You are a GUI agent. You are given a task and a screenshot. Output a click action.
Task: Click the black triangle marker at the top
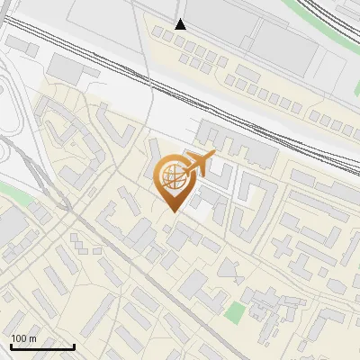(x=181, y=24)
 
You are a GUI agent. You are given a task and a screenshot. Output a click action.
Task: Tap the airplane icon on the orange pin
(x=199, y=164)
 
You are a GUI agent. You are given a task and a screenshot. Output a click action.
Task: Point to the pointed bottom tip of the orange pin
(x=173, y=211)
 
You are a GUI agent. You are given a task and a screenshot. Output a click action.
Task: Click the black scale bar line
(x=42, y=347)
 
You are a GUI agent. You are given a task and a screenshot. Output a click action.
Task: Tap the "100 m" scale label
(x=23, y=338)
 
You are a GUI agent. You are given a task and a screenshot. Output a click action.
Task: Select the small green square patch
(x=234, y=312)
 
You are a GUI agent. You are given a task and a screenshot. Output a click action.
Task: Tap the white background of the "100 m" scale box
(x=54, y=338)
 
